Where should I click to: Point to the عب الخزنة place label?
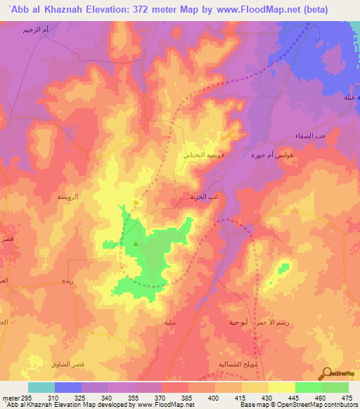[x=202, y=197]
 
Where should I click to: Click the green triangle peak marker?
[x=135, y=244]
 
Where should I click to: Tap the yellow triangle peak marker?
[x=135, y=204]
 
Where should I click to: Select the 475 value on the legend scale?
[x=347, y=398]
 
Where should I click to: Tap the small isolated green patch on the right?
[x=283, y=267]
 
